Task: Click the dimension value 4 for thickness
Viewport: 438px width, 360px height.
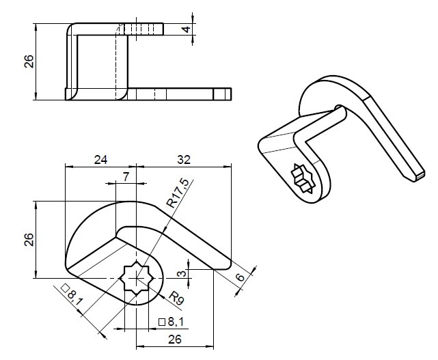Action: (x=187, y=29)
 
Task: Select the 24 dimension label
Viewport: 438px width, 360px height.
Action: (x=100, y=160)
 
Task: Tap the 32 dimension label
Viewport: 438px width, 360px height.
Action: (x=184, y=160)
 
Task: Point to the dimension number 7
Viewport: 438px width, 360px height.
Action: (x=126, y=176)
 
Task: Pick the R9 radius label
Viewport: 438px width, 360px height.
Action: (x=176, y=298)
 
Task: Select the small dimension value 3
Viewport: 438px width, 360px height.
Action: (x=182, y=273)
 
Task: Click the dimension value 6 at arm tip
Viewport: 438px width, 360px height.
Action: (x=240, y=277)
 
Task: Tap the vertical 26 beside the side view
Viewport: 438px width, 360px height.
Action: (x=29, y=61)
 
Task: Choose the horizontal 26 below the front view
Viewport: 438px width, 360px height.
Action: (x=175, y=340)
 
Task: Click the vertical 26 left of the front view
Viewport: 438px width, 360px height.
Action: (x=29, y=239)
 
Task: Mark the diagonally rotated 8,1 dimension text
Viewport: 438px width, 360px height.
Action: (x=75, y=298)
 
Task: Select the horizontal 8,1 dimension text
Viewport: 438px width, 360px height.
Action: (x=176, y=322)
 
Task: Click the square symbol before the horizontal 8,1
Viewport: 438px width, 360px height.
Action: (x=162, y=322)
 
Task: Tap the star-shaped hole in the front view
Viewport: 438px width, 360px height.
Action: (x=136, y=278)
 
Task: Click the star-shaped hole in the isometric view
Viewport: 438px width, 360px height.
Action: (x=302, y=178)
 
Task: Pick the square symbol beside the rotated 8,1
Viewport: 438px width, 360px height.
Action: (x=65, y=288)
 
